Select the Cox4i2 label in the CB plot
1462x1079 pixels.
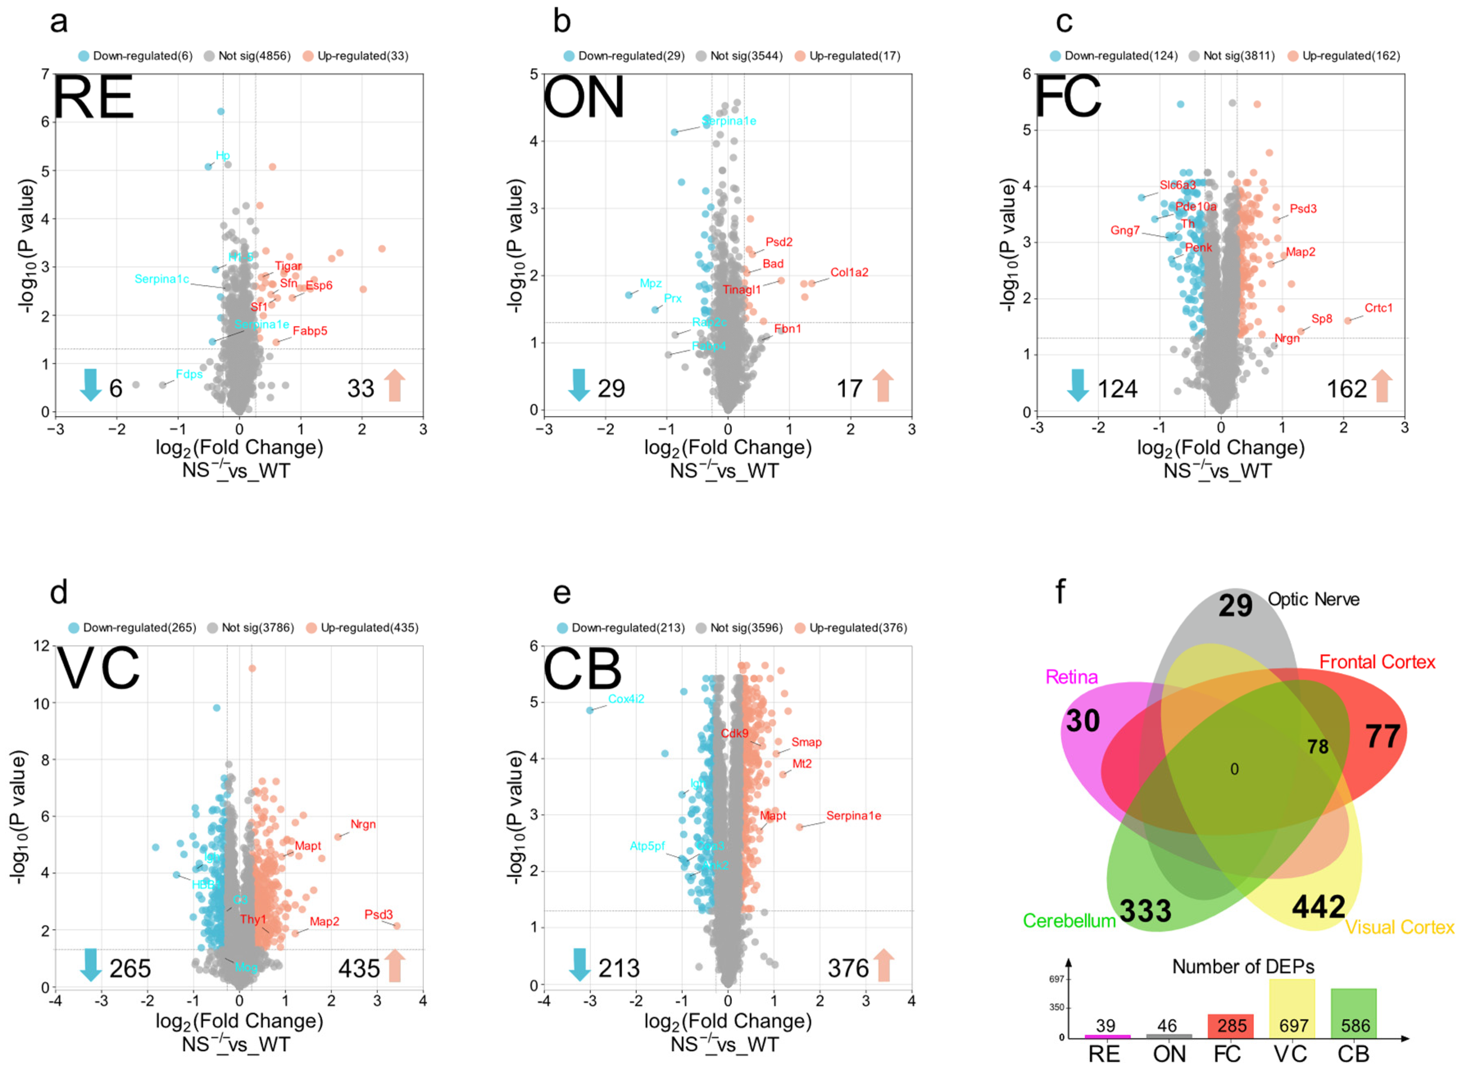(626, 699)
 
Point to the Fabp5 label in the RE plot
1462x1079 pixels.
(310, 331)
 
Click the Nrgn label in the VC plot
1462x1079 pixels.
(363, 824)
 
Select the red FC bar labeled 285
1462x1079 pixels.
(1230, 1025)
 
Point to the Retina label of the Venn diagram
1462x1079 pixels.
(1072, 677)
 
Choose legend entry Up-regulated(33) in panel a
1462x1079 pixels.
(356, 56)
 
